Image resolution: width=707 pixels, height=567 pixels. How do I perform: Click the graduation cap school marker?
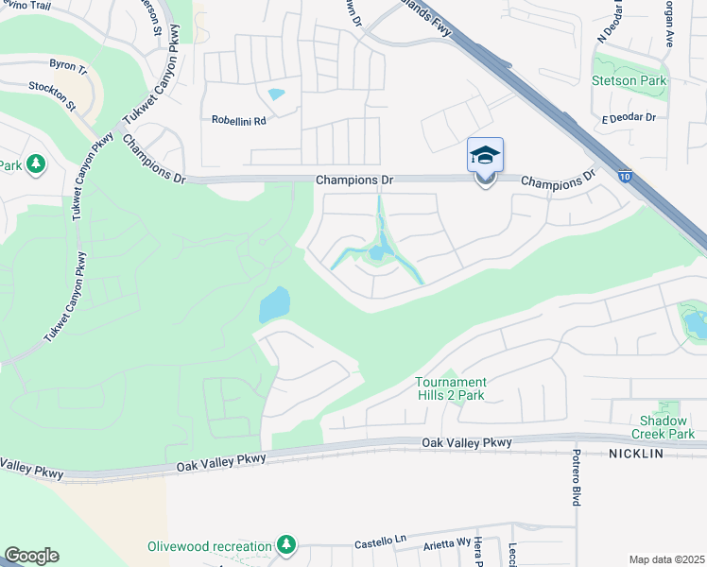pyautogui.click(x=485, y=155)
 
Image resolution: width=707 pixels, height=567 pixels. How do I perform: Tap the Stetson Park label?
pyautogui.click(x=629, y=80)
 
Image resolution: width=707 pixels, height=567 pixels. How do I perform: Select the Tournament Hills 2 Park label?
pyautogui.click(x=450, y=388)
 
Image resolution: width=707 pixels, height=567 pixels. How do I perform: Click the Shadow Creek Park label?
pyautogui.click(x=666, y=427)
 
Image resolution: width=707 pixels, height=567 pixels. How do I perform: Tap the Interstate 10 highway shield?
pyautogui.click(x=626, y=175)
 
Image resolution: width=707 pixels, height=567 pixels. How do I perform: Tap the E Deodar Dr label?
pyautogui.click(x=629, y=117)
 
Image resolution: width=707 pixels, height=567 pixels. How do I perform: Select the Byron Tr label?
pyautogui.click(x=67, y=68)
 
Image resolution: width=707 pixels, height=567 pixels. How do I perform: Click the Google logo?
pyautogui.click(x=31, y=556)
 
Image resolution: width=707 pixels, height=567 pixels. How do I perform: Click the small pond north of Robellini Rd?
pyautogui.click(x=276, y=94)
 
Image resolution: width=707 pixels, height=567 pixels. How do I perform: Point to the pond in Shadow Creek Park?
pyautogui.click(x=696, y=324)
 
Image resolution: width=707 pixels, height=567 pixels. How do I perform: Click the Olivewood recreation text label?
pyautogui.click(x=209, y=546)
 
